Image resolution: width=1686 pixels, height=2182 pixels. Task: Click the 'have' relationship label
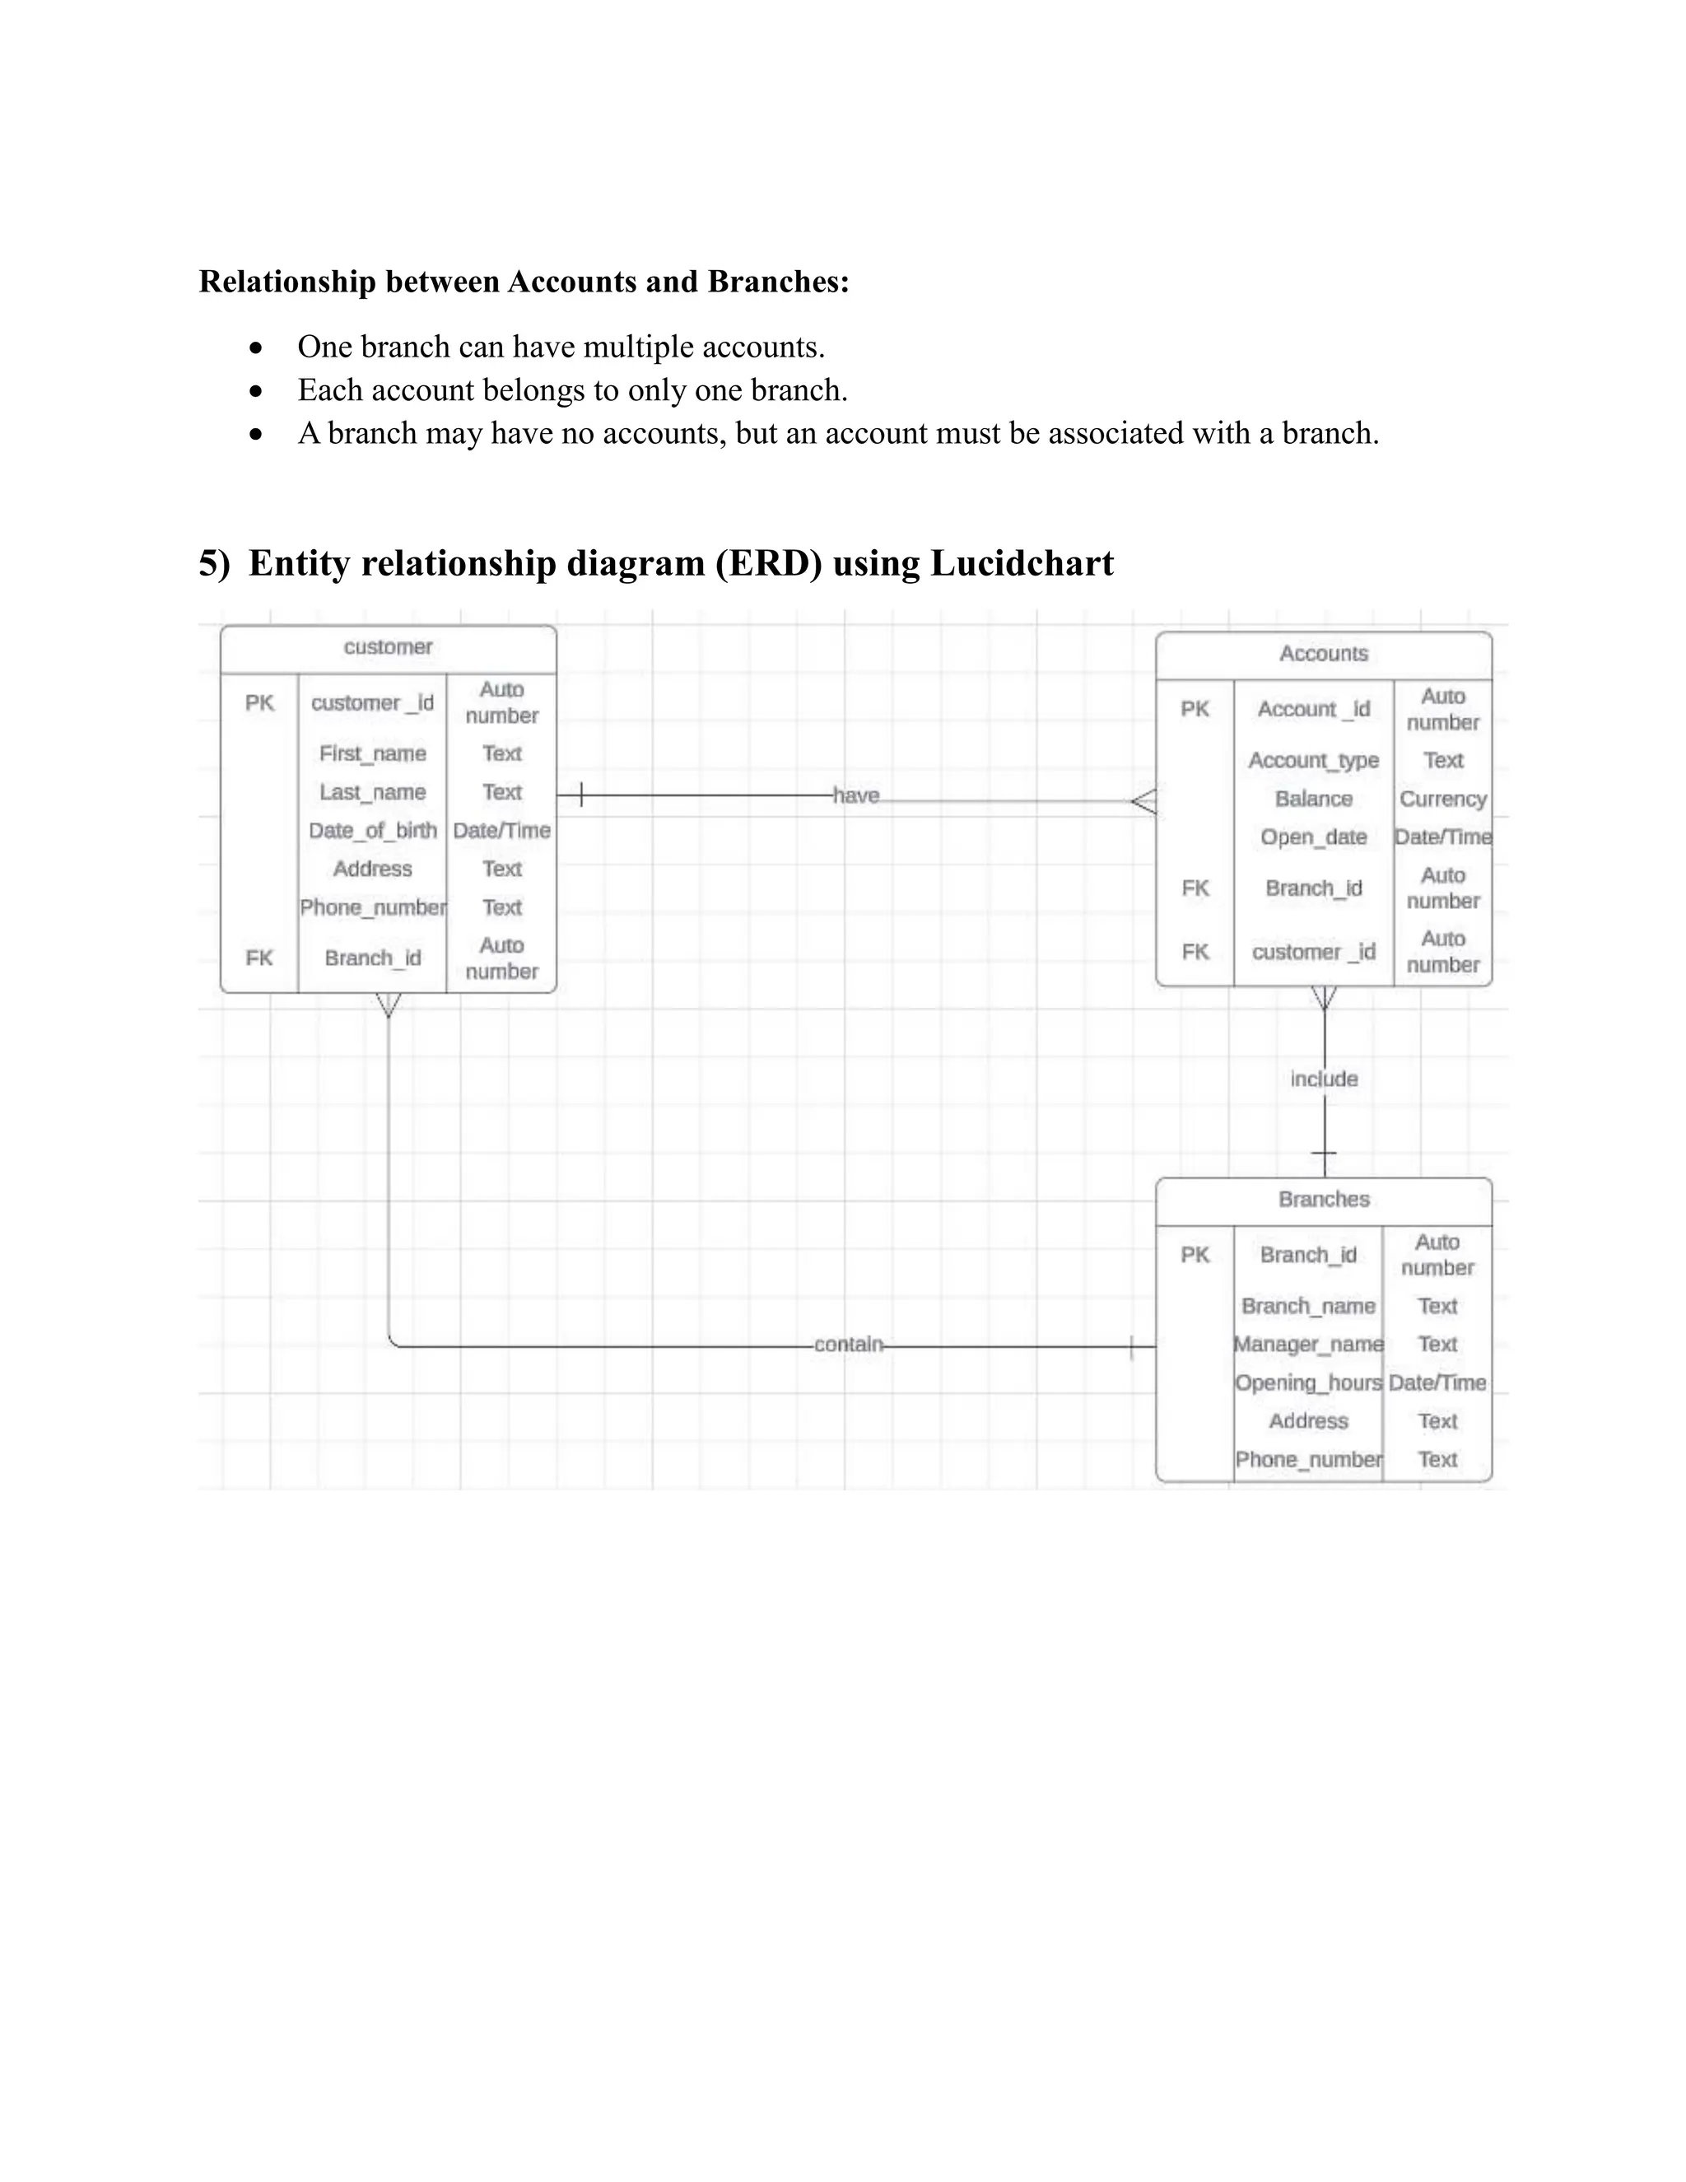[x=856, y=795]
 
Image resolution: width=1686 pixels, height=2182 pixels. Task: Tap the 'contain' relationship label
[x=848, y=1344]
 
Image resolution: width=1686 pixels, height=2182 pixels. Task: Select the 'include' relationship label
[x=1324, y=1079]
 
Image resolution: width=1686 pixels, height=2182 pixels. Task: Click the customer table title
[x=388, y=647]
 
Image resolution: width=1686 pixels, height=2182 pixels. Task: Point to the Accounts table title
[x=1324, y=654]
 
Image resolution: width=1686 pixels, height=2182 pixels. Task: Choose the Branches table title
[x=1324, y=1199]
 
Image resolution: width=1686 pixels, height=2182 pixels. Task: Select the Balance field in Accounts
[x=1313, y=800]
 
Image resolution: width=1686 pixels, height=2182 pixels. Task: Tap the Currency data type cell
[x=1442, y=800]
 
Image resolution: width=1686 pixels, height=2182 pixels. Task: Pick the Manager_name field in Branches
[x=1308, y=1344]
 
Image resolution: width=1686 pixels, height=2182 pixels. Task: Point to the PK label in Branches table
[x=1195, y=1255]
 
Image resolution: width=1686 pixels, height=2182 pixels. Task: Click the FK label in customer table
[x=258, y=958]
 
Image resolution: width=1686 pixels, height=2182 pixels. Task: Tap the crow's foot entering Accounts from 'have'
[x=1144, y=801]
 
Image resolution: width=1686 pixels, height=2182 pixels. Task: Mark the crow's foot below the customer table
[x=388, y=1005]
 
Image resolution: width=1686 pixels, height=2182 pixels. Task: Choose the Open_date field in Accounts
[x=1313, y=837]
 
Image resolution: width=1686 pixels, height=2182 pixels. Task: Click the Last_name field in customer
[x=373, y=792]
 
